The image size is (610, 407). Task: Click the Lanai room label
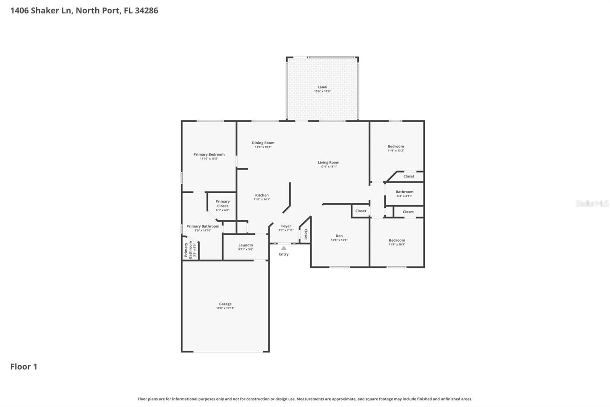click(x=322, y=87)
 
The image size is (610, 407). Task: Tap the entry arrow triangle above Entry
click(x=284, y=248)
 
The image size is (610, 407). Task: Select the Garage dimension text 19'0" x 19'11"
click(x=225, y=308)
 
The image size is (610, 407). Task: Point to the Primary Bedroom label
click(x=209, y=155)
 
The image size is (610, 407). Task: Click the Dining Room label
click(x=263, y=143)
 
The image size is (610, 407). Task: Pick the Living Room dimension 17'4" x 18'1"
click(x=328, y=166)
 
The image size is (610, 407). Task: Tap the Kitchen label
click(x=262, y=195)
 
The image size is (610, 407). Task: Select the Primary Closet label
click(x=223, y=203)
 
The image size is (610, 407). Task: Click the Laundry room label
click(x=246, y=245)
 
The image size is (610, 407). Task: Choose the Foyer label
click(x=286, y=226)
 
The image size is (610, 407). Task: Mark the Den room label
click(x=339, y=236)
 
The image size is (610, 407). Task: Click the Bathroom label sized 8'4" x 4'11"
click(x=404, y=192)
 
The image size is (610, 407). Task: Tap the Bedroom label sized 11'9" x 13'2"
click(x=396, y=146)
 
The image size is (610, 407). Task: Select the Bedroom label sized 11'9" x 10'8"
click(x=397, y=240)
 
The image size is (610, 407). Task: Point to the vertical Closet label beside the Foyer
click(x=306, y=234)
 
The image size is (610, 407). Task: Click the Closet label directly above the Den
click(x=361, y=211)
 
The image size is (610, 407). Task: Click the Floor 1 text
click(x=24, y=367)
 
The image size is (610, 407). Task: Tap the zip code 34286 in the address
click(x=146, y=10)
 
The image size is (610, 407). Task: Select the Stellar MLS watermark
click(x=592, y=203)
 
